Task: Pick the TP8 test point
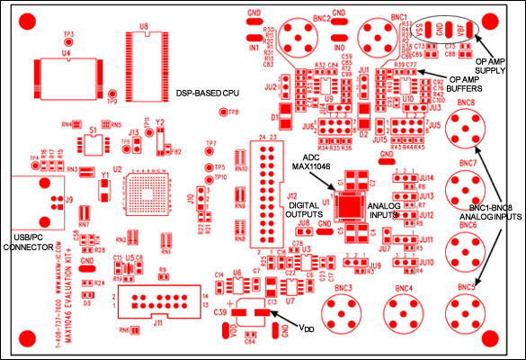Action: point(222,112)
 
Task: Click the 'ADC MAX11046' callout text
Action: point(308,163)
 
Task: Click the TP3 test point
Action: point(68,41)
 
